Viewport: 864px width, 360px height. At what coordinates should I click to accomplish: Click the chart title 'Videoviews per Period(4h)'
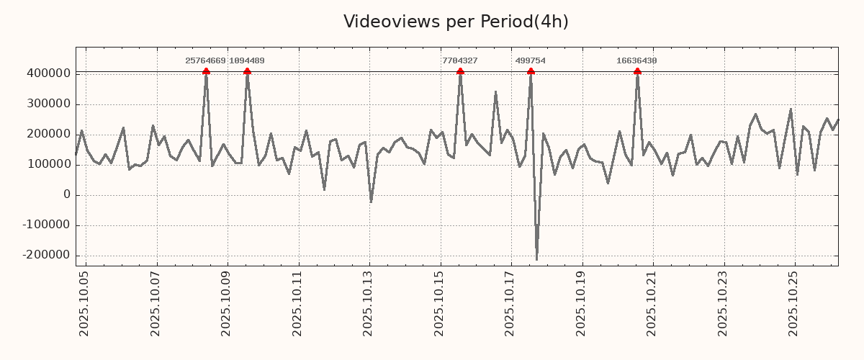point(456,22)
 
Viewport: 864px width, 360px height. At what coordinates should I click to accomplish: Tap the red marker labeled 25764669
point(206,71)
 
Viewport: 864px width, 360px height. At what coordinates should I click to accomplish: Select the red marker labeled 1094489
point(247,71)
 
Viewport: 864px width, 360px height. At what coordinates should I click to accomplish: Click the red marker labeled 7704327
point(460,71)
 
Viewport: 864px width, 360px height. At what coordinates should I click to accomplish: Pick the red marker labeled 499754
point(531,71)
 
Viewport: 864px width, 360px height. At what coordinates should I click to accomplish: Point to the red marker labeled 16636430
point(637,71)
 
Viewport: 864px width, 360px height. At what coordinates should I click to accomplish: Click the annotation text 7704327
point(459,61)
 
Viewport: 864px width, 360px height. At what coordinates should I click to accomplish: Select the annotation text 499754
point(530,61)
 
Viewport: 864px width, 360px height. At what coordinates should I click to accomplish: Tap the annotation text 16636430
point(636,61)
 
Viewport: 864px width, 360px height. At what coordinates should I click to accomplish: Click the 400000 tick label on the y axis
point(48,73)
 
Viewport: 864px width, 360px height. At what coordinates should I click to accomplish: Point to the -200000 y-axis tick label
point(45,255)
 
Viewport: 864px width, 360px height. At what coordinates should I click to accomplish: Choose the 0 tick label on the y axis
point(67,194)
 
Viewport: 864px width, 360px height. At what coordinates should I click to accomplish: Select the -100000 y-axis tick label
point(45,225)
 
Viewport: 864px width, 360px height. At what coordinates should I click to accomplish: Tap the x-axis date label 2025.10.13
point(369,303)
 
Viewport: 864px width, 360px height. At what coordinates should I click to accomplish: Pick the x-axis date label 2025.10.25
point(795,303)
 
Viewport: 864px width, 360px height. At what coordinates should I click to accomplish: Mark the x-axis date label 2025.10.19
point(582,303)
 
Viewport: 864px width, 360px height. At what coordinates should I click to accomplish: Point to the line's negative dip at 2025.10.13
point(371,202)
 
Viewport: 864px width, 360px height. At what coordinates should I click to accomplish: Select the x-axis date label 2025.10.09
point(227,303)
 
